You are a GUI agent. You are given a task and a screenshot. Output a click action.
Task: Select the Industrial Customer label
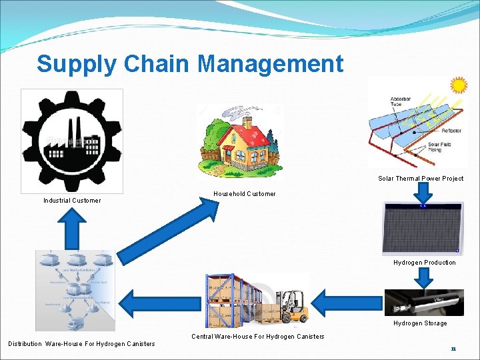[x=72, y=201]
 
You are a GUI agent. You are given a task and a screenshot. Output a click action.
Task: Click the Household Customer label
[x=244, y=194]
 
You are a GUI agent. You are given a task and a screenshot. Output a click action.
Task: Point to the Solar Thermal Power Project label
[x=421, y=179]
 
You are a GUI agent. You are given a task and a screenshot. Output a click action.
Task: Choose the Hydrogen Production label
[x=424, y=263]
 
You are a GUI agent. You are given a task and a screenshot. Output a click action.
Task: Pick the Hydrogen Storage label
[x=420, y=323]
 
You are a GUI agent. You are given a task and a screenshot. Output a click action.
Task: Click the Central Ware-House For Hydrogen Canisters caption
[x=258, y=337]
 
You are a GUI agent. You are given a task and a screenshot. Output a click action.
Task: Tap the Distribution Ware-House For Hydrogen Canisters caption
[x=81, y=344]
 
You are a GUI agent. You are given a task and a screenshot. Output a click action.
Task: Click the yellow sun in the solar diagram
[x=458, y=85]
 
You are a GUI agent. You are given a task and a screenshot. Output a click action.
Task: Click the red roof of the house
[x=240, y=133]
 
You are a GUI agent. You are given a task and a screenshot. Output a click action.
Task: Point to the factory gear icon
[x=72, y=141]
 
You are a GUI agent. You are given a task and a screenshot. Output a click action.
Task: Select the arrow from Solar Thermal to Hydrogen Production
[x=421, y=192]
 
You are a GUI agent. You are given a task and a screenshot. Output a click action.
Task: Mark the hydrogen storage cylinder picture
[x=424, y=302]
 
